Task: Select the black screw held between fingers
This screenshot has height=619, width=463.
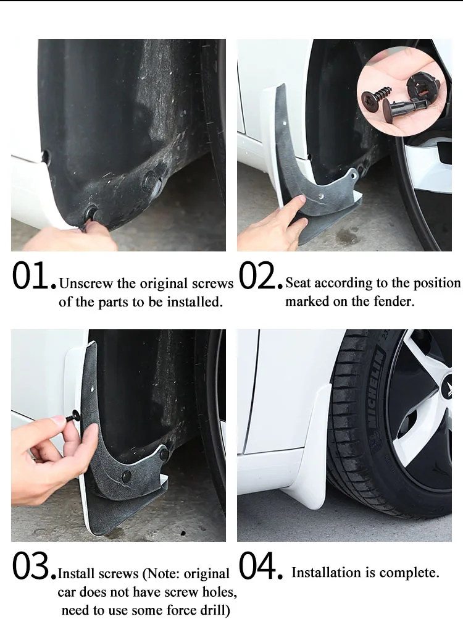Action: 73,416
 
